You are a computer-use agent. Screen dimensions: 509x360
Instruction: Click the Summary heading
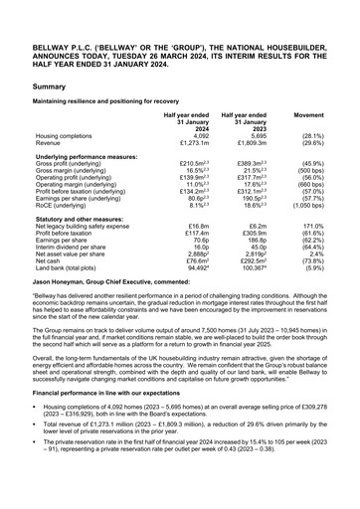50,87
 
